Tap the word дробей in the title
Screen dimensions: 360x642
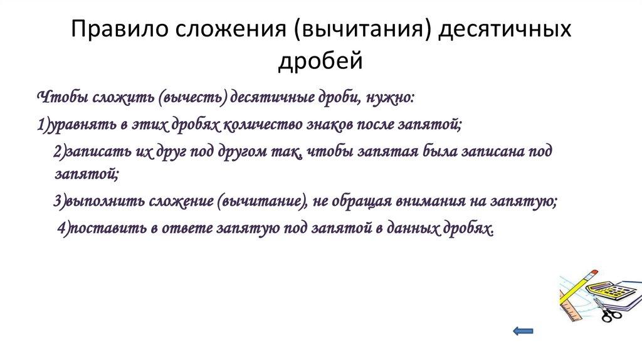tap(320, 61)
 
